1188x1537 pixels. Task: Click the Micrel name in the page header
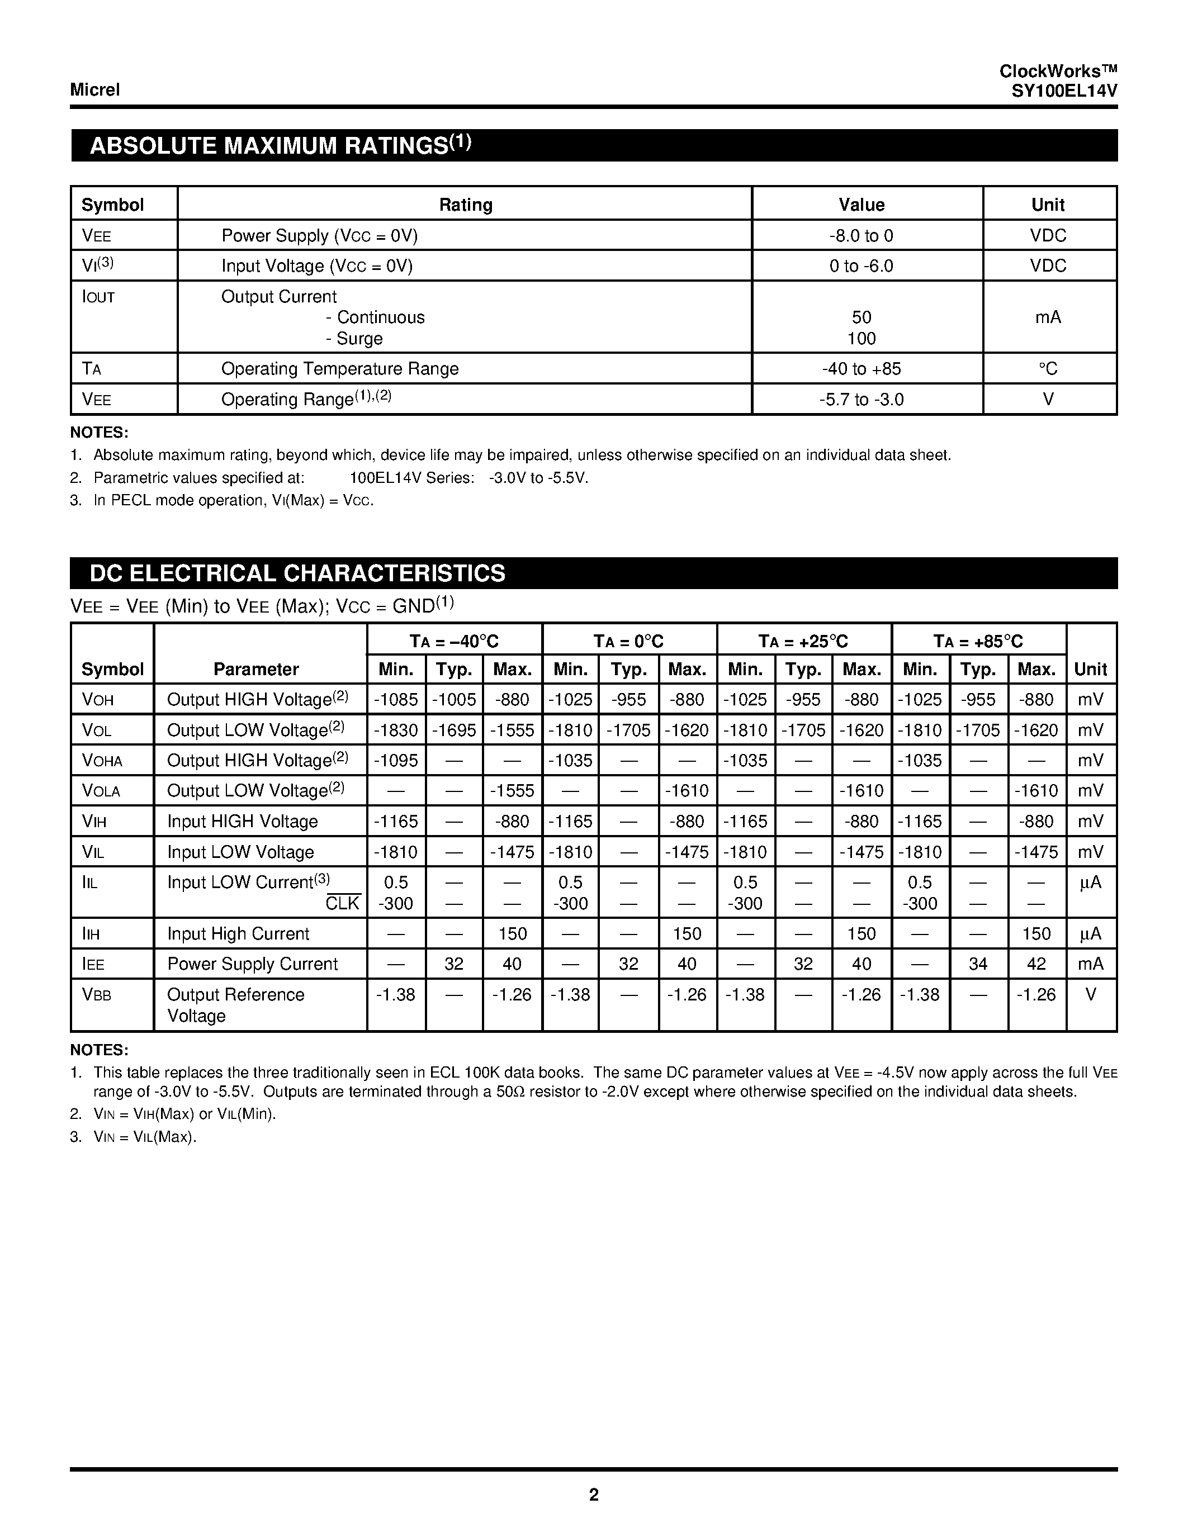pyautogui.click(x=95, y=90)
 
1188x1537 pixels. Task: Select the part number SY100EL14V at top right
pyautogui.click(x=1063, y=91)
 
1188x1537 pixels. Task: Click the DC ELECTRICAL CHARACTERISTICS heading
pyautogui.click(x=297, y=573)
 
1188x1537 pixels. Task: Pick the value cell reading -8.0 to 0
pyautogui.click(x=861, y=236)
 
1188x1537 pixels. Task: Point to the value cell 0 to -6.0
pyautogui.click(x=861, y=266)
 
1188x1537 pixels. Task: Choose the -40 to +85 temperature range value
pyautogui.click(x=861, y=369)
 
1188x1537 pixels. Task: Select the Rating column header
pyautogui.click(x=465, y=205)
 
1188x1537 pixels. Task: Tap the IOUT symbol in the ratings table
pyautogui.click(x=98, y=297)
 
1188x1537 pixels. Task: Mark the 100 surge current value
pyautogui.click(x=861, y=339)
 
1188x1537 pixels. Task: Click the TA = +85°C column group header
pyautogui.click(x=978, y=641)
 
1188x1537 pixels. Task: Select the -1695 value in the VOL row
pyautogui.click(x=454, y=730)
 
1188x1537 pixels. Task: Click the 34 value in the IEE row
pyautogui.click(x=978, y=964)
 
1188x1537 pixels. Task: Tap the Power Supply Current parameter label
pyautogui.click(x=253, y=964)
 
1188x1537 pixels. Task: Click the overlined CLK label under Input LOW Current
pyautogui.click(x=343, y=904)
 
